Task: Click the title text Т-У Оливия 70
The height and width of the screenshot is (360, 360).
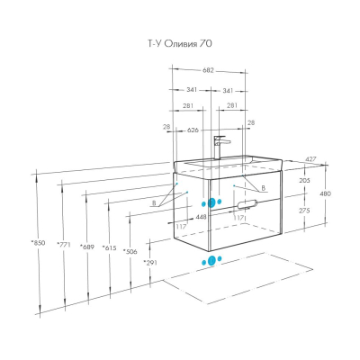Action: [x=180, y=44]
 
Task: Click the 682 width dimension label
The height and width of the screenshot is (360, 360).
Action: [x=208, y=70]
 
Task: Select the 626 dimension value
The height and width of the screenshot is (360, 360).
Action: [x=193, y=130]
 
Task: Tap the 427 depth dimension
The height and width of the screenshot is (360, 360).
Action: [x=310, y=159]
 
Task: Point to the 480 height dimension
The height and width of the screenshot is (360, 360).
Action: [x=326, y=193]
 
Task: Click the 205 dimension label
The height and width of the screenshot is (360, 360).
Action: [x=304, y=181]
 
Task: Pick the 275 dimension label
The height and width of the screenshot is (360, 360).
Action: [x=304, y=211]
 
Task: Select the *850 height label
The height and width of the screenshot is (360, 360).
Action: [x=39, y=243]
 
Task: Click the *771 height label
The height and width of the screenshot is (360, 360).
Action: [x=64, y=245]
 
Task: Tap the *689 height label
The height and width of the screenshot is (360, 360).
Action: [x=87, y=247]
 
